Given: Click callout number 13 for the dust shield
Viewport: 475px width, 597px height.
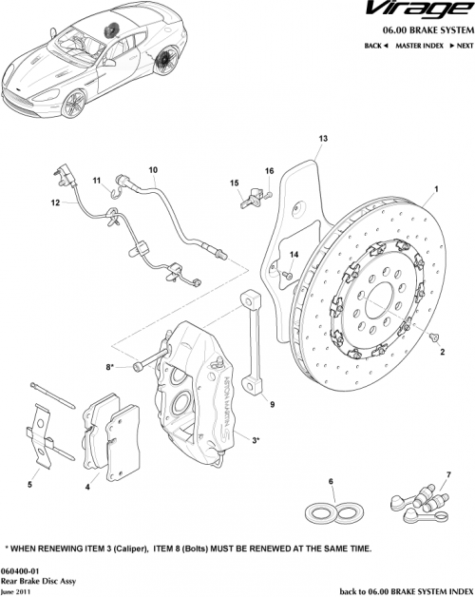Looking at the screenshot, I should (322, 139).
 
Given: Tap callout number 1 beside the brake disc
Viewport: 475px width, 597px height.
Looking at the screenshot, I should (436, 189).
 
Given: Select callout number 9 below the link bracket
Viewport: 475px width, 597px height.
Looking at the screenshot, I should (272, 404).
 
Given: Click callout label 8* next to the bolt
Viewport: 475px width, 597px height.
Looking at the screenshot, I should (110, 366).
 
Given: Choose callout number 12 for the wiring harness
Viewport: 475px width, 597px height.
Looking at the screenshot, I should (55, 202).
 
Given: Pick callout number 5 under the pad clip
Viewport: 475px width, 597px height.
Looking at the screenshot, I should (29, 485).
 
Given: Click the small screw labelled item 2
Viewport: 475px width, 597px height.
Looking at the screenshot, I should (433, 337).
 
